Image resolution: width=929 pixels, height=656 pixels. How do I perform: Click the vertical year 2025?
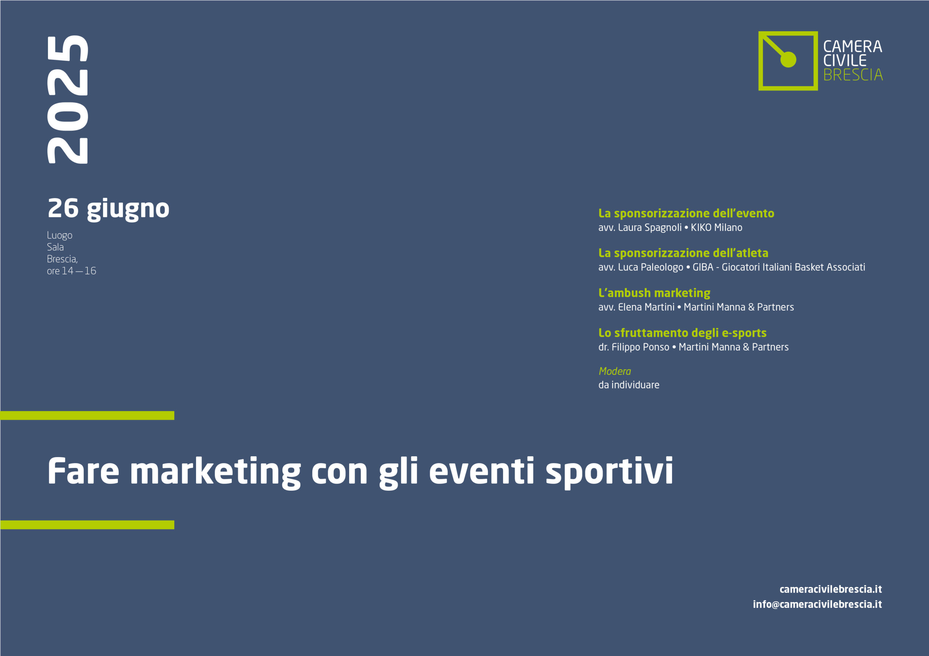tap(67, 99)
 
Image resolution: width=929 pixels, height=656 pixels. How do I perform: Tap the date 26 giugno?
tap(109, 209)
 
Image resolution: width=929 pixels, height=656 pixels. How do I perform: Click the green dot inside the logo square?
tap(788, 60)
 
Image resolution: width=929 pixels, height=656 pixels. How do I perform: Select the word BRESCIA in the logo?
tap(853, 75)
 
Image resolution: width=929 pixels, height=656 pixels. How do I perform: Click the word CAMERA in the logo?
tap(852, 46)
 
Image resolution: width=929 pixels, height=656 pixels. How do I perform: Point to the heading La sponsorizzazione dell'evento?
tap(686, 213)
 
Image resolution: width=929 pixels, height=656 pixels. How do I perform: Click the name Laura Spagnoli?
tap(650, 228)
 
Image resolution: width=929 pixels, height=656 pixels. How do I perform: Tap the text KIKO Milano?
tap(717, 228)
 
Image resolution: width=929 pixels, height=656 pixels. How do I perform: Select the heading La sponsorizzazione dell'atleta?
tap(683, 253)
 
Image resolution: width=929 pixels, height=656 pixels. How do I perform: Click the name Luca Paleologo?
tap(651, 267)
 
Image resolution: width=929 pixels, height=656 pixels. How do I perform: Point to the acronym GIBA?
tap(703, 267)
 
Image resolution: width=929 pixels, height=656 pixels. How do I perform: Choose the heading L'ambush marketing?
tap(654, 293)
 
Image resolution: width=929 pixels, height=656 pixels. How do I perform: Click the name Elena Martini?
tap(646, 307)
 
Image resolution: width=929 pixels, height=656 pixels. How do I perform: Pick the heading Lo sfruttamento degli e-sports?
tap(683, 333)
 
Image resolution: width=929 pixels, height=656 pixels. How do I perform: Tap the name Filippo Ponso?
tap(641, 347)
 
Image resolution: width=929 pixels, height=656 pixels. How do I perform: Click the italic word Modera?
tap(615, 371)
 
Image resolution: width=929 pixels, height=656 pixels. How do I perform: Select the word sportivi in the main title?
tap(609, 472)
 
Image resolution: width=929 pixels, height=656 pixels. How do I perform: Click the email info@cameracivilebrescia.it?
tap(817, 604)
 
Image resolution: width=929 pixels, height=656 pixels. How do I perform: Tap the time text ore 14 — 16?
tap(71, 271)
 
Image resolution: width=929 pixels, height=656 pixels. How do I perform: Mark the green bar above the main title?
tap(87, 415)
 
